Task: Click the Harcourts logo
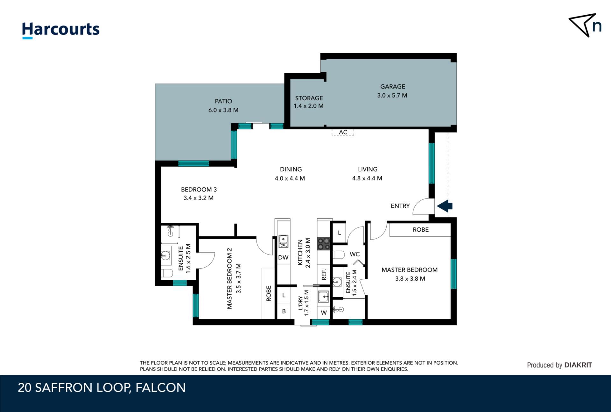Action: coord(60,30)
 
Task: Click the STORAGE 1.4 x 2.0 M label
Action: coord(309,102)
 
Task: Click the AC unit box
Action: coord(343,132)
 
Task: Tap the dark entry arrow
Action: coord(445,206)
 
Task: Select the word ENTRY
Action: coord(400,206)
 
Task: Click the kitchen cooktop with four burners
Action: coord(324,244)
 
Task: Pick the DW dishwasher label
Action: coord(283,257)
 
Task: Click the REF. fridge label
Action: coord(324,275)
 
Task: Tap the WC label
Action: coord(355,254)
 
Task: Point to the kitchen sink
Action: coord(283,241)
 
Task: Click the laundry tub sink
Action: coord(324,297)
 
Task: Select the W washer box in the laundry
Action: coord(324,313)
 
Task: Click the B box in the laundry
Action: coord(284,311)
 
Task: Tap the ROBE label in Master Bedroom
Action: coord(420,230)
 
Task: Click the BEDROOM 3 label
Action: coord(199,189)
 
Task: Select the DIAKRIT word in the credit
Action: coord(578,365)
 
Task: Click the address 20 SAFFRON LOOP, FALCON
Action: coord(102,388)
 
